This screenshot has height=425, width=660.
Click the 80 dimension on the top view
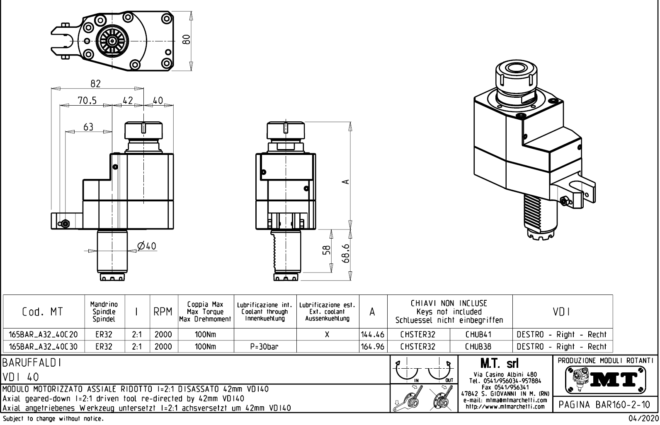click(187, 39)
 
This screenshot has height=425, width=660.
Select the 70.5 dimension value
click(87, 101)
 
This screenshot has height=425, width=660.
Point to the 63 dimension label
click(88, 127)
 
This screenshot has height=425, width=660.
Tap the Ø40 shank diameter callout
click(146, 246)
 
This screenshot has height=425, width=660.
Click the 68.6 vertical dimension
click(347, 253)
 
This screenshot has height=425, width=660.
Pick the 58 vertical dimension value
click(327, 250)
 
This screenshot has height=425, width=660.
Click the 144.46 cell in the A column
click(373, 334)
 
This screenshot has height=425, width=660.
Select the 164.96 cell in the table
click(373, 346)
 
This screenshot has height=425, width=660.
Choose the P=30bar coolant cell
click(265, 346)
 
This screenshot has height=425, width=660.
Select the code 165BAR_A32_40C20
click(44, 334)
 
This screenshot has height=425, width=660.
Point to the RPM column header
click(163, 312)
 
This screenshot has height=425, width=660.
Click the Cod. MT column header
click(43, 312)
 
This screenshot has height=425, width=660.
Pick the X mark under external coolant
click(327, 334)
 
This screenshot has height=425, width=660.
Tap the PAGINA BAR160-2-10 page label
click(606, 404)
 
